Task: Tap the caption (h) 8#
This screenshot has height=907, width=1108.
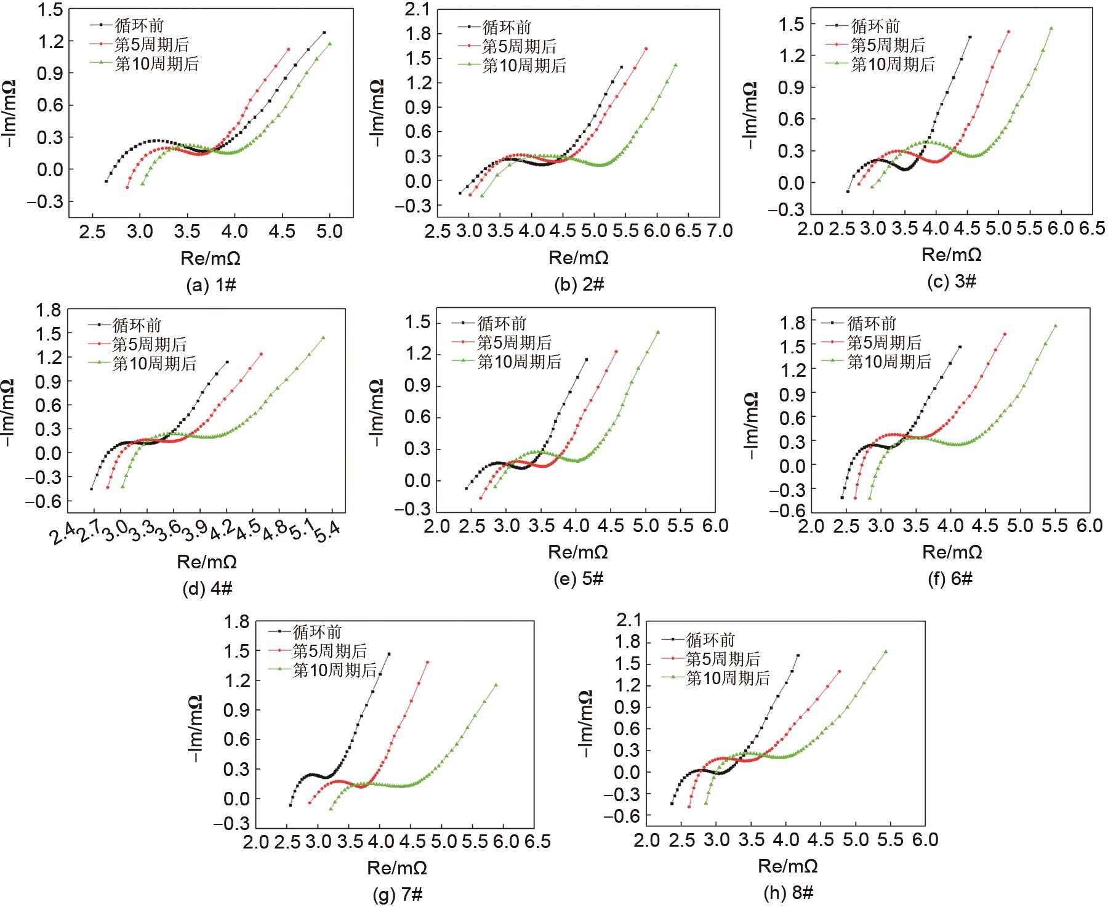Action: click(x=789, y=893)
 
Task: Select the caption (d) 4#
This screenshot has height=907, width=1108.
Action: click(x=207, y=589)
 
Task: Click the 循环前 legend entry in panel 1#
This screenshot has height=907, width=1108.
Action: click(x=140, y=25)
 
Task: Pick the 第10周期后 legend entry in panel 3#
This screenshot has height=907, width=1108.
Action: click(x=893, y=64)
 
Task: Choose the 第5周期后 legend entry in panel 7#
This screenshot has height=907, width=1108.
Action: click(x=329, y=651)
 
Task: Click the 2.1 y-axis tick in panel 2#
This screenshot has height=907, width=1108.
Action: click(x=418, y=9)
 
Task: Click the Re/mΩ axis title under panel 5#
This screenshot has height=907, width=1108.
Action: click(x=579, y=552)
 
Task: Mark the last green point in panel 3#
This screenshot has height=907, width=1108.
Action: click(x=1051, y=28)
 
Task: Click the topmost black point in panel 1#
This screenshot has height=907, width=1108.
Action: click(x=324, y=33)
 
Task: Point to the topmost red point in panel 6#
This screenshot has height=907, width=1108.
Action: click(x=1005, y=334)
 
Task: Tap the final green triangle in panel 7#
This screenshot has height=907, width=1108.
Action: click(x=496, y=685)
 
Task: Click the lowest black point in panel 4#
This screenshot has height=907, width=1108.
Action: click(x=91, y=489)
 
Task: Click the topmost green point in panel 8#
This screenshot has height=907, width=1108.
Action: click(x=886, y=651)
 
